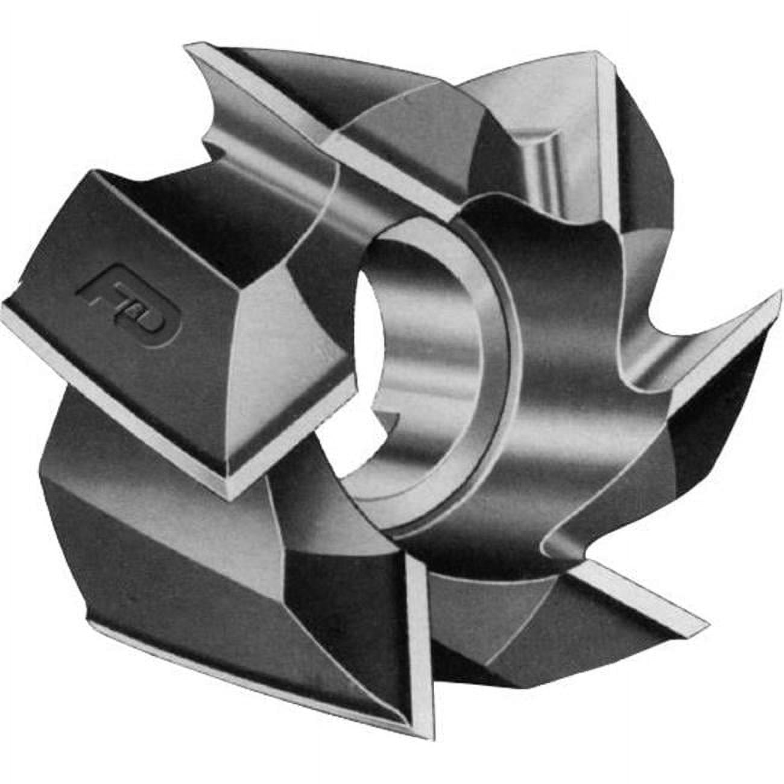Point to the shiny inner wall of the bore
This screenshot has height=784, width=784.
[x=434, y=338]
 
